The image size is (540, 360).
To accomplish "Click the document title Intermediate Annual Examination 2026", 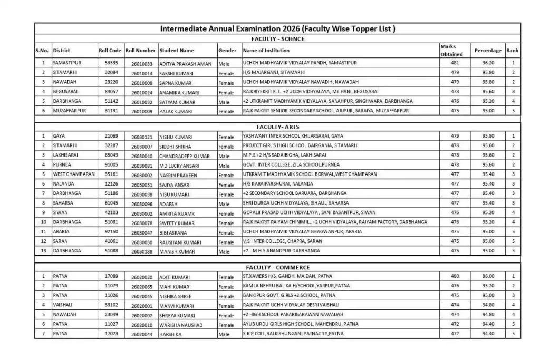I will pyautogui.click(x=277, y=28).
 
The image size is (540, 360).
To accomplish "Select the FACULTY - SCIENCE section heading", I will pyautogui.click(x=277, y=39).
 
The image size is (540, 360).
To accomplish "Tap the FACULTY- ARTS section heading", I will pyautogui.click(x=277, y=127).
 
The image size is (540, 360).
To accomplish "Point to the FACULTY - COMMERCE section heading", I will pyautogui.click(x=277, y=268).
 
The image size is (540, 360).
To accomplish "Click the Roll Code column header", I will pyautogui.click(x=110, y=51).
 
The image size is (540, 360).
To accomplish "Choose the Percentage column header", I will pyautogui.click(x=488, y=51).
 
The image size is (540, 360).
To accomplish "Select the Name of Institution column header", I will pyautogui.click(x=266, y=51).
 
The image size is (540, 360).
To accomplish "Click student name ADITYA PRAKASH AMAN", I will pyautogui.click(x=185, y=64).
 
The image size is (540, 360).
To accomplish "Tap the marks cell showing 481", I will pyautogui.click(x=455, y=63).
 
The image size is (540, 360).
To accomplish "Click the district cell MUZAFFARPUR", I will pyautogui.click(x=69, y=111).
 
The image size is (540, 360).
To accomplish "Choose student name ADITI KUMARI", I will pyautogui.click(x=175, y=277).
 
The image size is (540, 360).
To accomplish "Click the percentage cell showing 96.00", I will pyautogui.click(x=488, y=276).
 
